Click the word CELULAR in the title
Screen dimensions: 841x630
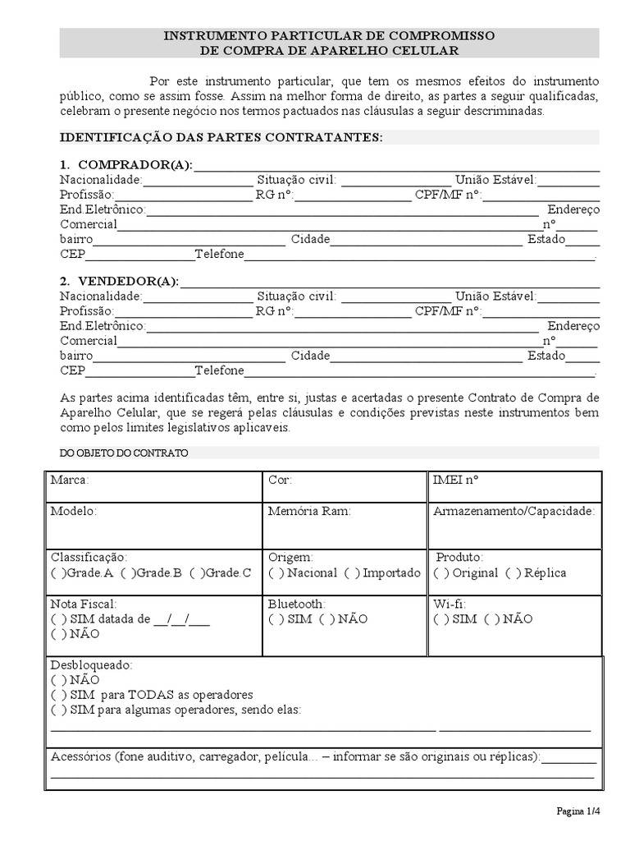pos(422,51)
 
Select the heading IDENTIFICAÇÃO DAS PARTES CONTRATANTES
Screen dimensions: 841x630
pos(221,137)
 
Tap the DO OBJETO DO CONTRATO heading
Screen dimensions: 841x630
pos(124,453)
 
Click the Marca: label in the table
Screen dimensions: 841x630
pos(70,480)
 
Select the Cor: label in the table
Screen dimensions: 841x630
pos(280,480)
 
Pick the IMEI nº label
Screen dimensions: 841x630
pos(455,480)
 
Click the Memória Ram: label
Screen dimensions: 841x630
pos(309,511)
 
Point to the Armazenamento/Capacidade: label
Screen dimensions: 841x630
pos(514,511)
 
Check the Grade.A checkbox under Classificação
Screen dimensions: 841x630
pos(56,572)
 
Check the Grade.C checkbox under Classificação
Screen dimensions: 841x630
pos(194,572)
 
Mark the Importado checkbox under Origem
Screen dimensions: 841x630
pos(350,572)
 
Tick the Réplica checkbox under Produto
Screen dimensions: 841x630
pos(512,572)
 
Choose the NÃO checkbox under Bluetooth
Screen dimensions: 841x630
pos(325,618)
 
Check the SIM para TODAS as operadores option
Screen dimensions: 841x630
pos(56,695)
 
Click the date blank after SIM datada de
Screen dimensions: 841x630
pos(181,619)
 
